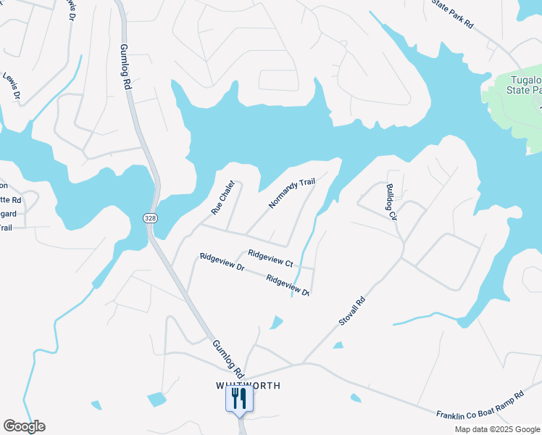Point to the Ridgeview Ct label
pyautogui.click(x=270, y=258)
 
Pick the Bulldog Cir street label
pyautogui.click(x=391, y=201)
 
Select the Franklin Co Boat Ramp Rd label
pyautogui.click(x=480, y=406)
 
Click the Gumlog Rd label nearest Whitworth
pyautogui.click(x=225, y=356)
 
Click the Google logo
pyautogui.click(x=24, y=426)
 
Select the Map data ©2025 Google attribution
pyautogui.click(x=497, y=429)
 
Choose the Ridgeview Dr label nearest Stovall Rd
pyautogui.click(x=288, y=285)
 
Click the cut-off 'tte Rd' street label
pyautogui.click(x=10, y=199)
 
